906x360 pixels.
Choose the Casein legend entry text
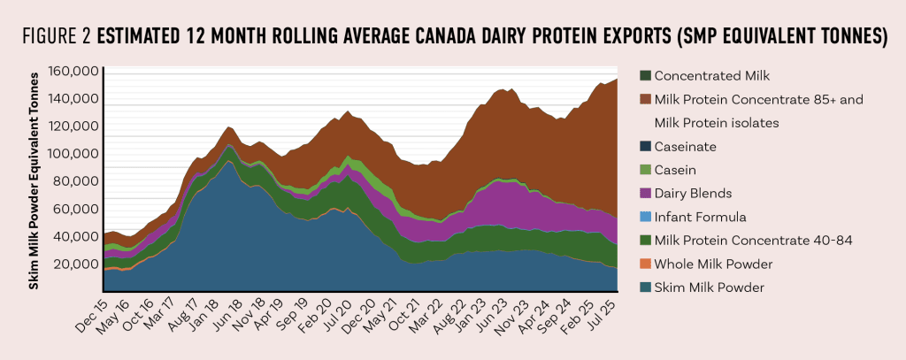(x=674, y=170)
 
